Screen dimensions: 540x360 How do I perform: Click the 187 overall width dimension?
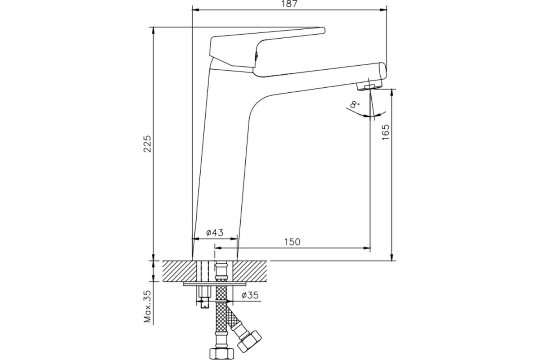(x=289, y=4)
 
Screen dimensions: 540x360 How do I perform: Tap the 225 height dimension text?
(x=147, y=144)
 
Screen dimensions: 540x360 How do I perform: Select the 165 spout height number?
(x=386, y=132)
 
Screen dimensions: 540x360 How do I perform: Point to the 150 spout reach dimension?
(x=292, y=242)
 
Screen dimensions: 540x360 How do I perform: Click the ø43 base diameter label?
(x=215, y=233)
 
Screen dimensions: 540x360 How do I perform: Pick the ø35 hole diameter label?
(x=250, y=295)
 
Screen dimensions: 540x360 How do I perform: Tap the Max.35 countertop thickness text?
(x=147, y=306)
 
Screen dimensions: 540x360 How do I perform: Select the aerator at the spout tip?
(x=369, y=86)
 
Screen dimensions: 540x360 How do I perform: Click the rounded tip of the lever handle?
(x=323, y=31)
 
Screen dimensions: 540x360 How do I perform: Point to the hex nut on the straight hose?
(x=222, y=354)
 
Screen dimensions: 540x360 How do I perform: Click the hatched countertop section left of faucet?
(x=179, y=271)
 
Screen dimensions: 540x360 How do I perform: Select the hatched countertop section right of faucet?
(x=250, y=271)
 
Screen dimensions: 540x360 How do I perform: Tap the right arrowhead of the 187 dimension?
(x=383, y=10)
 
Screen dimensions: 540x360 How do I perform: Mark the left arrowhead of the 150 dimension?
(x=218, y=247)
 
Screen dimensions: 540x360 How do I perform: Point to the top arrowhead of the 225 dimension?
(x=153, y=31)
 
